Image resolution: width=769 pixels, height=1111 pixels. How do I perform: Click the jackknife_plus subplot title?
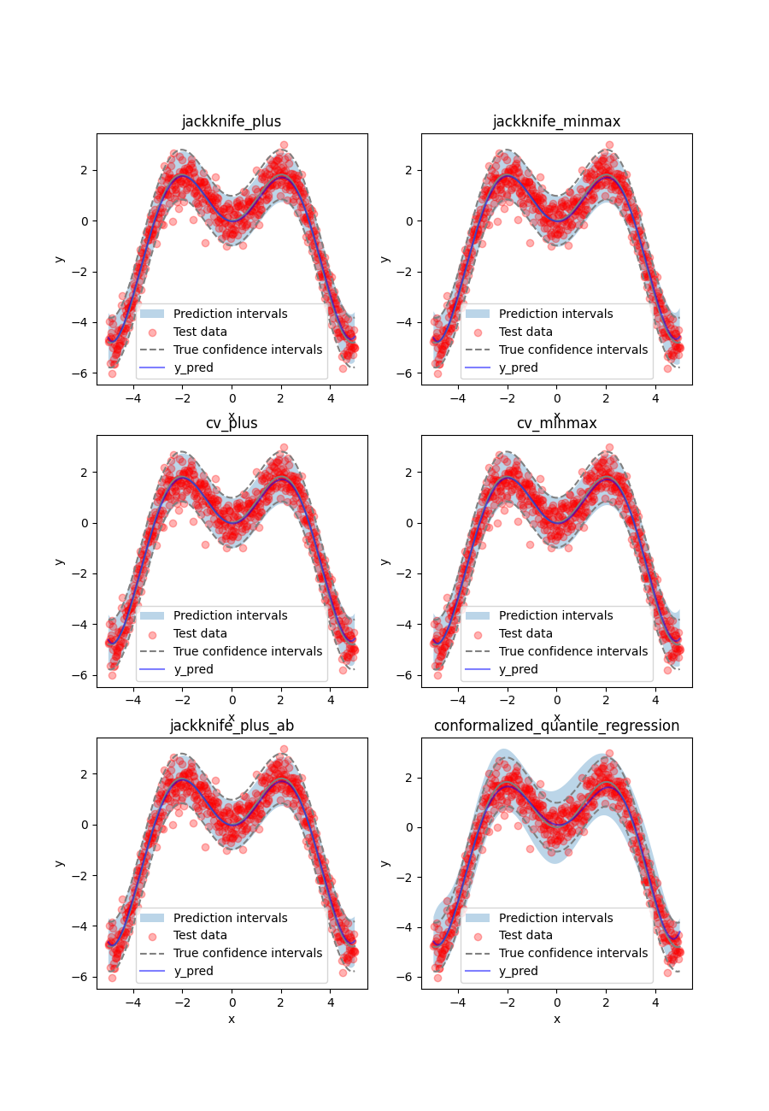(x=232, y=121)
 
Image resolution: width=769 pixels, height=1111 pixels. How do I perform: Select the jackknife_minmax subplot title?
(x=556, y=121)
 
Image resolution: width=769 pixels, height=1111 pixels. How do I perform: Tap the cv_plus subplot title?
(x=232, y=423)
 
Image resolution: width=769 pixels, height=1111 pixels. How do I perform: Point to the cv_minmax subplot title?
(x=556, y=423)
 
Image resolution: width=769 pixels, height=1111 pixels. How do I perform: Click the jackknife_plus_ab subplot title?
(x=232, y=726)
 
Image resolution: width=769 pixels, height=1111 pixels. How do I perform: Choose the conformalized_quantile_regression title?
(x=556, y=726)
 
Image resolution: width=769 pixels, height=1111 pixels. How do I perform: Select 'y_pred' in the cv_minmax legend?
(x=519, y=669)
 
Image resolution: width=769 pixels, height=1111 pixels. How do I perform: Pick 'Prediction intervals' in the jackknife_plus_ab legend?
(x=231, y=917)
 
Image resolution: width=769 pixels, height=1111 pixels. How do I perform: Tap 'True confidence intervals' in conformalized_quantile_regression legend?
(x=573, y=953)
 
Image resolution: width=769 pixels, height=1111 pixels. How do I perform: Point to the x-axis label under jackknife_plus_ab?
(x=232, y=1019)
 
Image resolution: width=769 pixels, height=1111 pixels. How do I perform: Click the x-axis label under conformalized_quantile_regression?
(x=556, y=1019)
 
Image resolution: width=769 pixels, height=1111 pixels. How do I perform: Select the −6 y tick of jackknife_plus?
(x=83, y=373)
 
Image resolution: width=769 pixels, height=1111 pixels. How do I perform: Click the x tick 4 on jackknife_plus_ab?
(x=331, y=1002)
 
